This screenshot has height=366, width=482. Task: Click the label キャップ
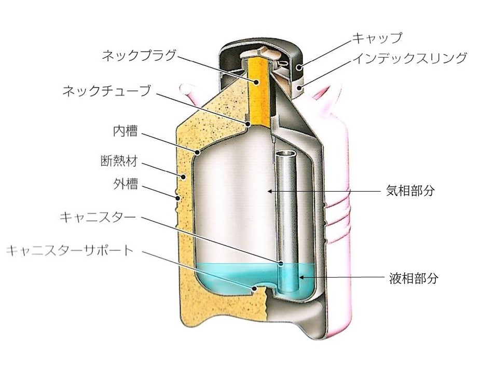(x=377, y=37)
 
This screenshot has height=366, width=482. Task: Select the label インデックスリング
(x=410, y=58)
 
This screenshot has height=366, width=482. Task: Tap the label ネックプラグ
(x=139, y=56)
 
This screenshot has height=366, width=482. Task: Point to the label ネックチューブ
(x=107, y=91)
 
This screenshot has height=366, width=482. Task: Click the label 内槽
(x=125, y=131)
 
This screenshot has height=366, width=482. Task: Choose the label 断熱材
(x=119, y=161)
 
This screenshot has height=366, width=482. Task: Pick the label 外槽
(x=126, y=184)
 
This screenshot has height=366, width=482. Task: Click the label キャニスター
(x=98, y=217)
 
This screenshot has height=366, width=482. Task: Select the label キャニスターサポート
(x=70, y=250)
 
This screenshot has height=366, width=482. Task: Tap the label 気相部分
(x=410, y=191)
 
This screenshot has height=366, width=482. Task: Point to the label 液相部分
(x=414, y=278)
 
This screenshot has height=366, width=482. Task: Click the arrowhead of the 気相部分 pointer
(x=270, y=191)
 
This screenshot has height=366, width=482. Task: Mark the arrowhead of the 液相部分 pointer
(x=301, y=277)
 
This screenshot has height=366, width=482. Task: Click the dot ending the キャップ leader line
(x=298, y=67)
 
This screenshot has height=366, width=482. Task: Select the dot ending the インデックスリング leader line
(x=299, y=88)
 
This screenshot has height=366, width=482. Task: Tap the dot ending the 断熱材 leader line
(x=183, y=177)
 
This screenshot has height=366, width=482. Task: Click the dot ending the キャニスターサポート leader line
(x=254, y=289)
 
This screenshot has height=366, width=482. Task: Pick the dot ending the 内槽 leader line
(x=198, y=152)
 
